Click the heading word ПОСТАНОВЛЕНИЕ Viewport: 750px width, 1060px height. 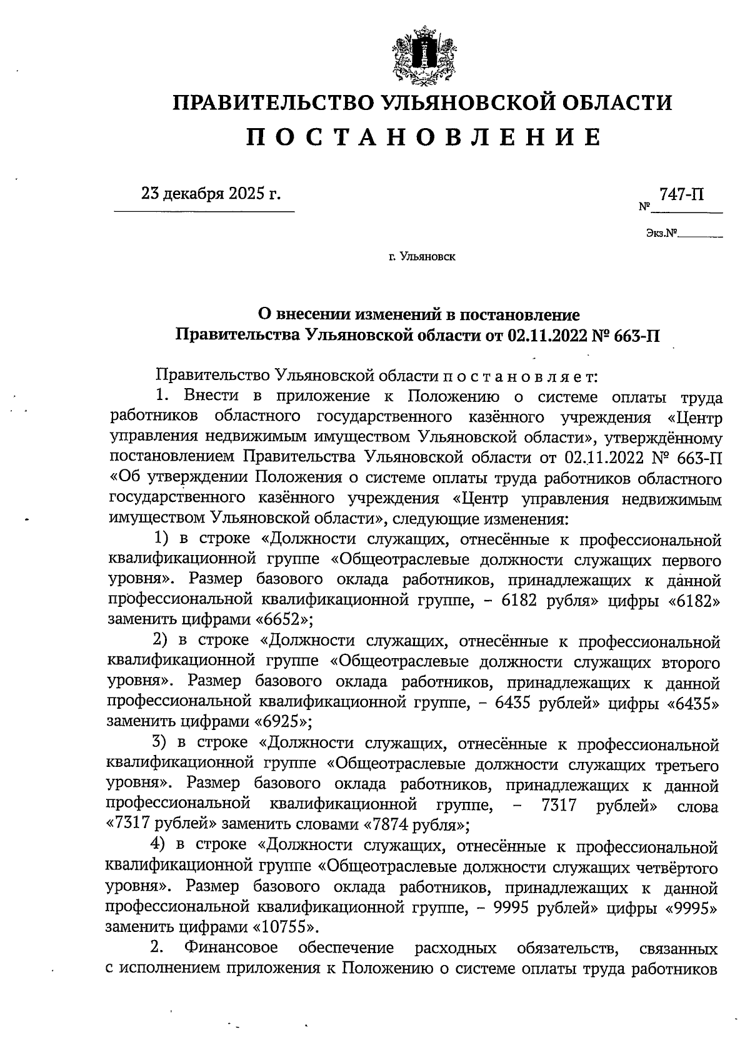(x=422, y=137)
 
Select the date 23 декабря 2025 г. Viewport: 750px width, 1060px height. (x=211, y=194)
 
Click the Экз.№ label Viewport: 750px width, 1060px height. (x=662, y=234)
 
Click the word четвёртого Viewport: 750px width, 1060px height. (x=673, y=867)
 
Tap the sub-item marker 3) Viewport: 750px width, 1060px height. (x=164, y=743)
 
